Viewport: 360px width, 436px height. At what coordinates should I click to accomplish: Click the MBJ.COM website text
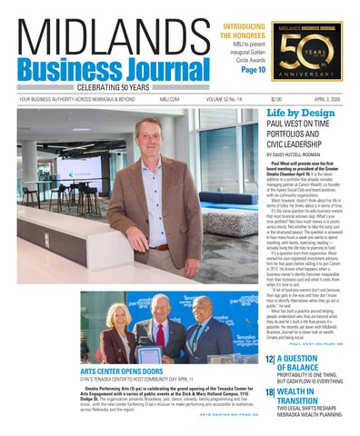(x=156, y=99)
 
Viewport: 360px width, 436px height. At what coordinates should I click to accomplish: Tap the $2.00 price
(x=275, y=99)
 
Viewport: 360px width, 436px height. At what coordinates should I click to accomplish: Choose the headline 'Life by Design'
(x=299, y=114)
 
